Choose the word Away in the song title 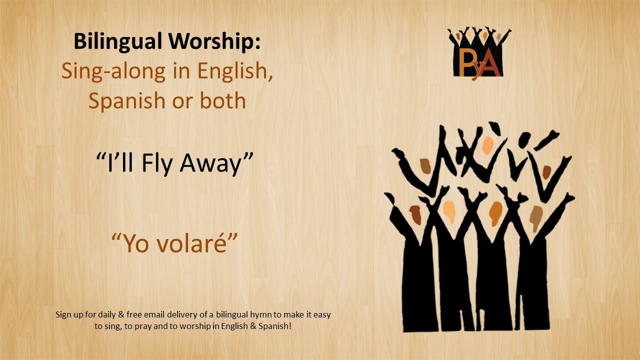point(218,164)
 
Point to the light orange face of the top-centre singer point(488,145)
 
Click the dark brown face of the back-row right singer point(546,172)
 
